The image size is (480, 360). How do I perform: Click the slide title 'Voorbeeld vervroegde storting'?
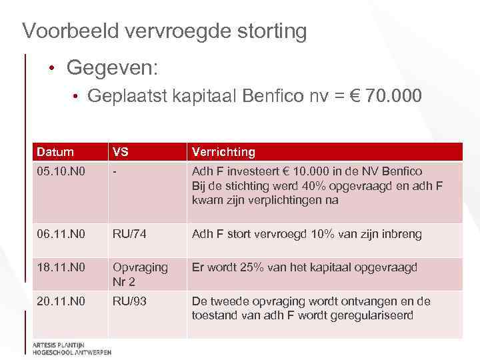click(164, 31)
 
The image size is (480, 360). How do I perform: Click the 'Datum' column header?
click(55, 152)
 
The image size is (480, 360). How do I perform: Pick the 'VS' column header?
click(120, 152)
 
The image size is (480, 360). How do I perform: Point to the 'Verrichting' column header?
click(223, 152)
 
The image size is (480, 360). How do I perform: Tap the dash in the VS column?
click(115, 171)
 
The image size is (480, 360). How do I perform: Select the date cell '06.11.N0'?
click(61, 234)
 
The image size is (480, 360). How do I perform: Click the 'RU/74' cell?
click(129, 234)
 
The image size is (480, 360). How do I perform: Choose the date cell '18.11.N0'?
click(61, 267)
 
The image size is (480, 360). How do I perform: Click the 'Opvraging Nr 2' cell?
click(140, 274)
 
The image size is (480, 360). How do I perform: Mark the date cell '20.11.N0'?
click(61, 301)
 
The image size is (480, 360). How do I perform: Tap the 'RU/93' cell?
click(129, 301)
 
